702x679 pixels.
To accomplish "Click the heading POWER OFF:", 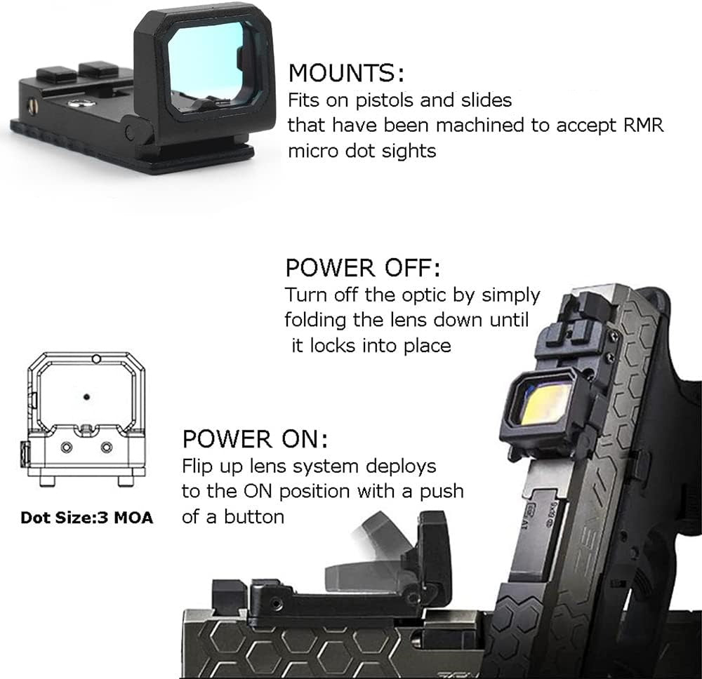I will [362, 268].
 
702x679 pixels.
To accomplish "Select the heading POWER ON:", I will [254, 440].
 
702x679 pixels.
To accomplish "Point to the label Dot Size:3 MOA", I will [86, 518].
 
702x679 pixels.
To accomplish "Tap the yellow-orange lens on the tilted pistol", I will [545, 403].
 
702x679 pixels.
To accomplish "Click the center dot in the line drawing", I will [86, 396].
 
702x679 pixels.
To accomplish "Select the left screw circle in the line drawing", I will [67, 447].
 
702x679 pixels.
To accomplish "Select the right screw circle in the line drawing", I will [106, 447].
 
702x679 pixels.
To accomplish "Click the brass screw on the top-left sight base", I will [32, 105].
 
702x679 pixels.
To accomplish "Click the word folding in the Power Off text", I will [314, 320].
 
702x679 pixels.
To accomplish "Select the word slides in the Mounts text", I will [486, 100].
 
